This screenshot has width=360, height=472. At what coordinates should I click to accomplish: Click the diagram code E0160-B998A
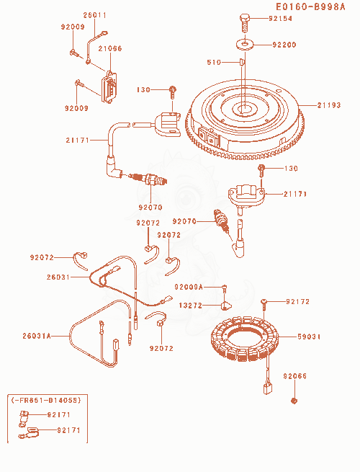[310, 7]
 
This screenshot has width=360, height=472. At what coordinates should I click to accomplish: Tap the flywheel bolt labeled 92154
[245, 22]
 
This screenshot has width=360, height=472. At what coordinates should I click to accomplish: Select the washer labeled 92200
[245, 44]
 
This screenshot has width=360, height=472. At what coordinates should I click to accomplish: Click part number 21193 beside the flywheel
[329, 105]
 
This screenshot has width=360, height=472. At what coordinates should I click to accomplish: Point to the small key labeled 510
[242, 62]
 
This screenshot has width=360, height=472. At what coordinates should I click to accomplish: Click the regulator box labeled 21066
[109, 86]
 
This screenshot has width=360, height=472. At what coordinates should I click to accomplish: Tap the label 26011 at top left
[95, 15]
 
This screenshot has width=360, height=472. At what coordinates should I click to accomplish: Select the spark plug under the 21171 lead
[148, 179]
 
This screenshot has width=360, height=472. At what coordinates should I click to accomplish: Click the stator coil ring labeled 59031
[244, 338]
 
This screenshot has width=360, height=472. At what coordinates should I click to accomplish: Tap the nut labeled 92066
[294, 401]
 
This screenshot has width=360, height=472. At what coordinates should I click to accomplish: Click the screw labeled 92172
[264, 305]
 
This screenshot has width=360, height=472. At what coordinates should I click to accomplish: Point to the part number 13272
[191, 306]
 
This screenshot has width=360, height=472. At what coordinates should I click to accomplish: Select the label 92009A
[189, 288]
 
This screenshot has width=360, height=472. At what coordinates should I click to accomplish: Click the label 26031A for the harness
[37, 336]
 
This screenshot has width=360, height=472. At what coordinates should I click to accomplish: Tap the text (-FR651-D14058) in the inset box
[46, 400]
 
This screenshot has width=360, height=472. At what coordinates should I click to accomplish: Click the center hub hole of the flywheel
[244, 108]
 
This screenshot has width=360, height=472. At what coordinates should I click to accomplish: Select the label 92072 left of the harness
[42, 257]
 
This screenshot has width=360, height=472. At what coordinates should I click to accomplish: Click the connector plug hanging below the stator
[267, 388]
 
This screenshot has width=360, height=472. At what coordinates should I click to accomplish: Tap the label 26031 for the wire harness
[58, 277]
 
